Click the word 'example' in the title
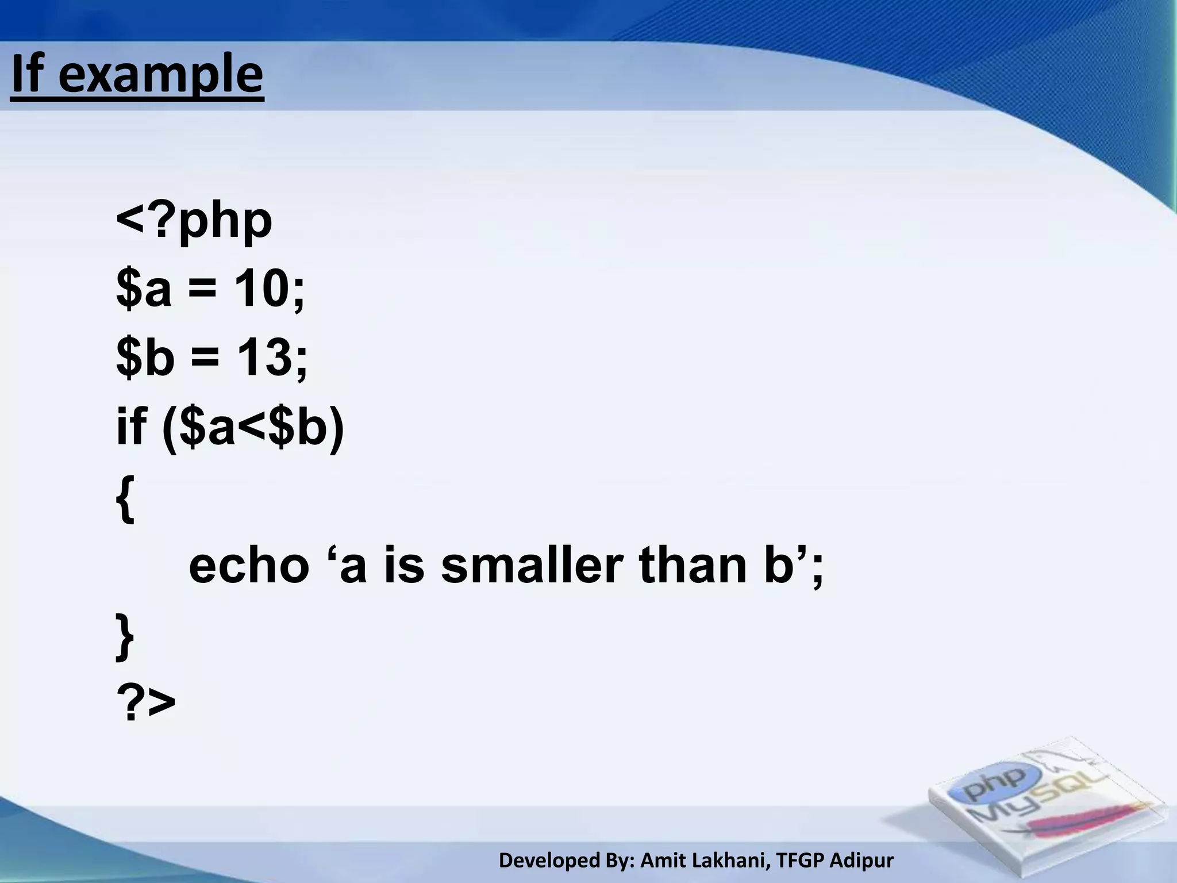160,75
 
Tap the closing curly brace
125,636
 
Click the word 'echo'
249,566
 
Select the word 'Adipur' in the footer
862,861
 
